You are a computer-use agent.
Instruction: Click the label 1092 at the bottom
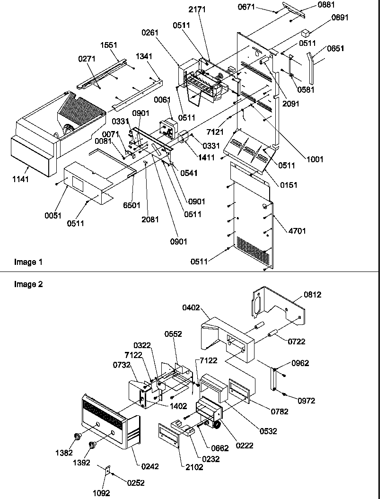point(101,493)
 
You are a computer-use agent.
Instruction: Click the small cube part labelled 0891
point(306,33)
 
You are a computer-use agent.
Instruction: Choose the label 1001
point(315,159)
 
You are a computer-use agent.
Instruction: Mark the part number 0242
point(149,466)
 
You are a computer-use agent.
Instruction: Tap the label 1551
point(109,45)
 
